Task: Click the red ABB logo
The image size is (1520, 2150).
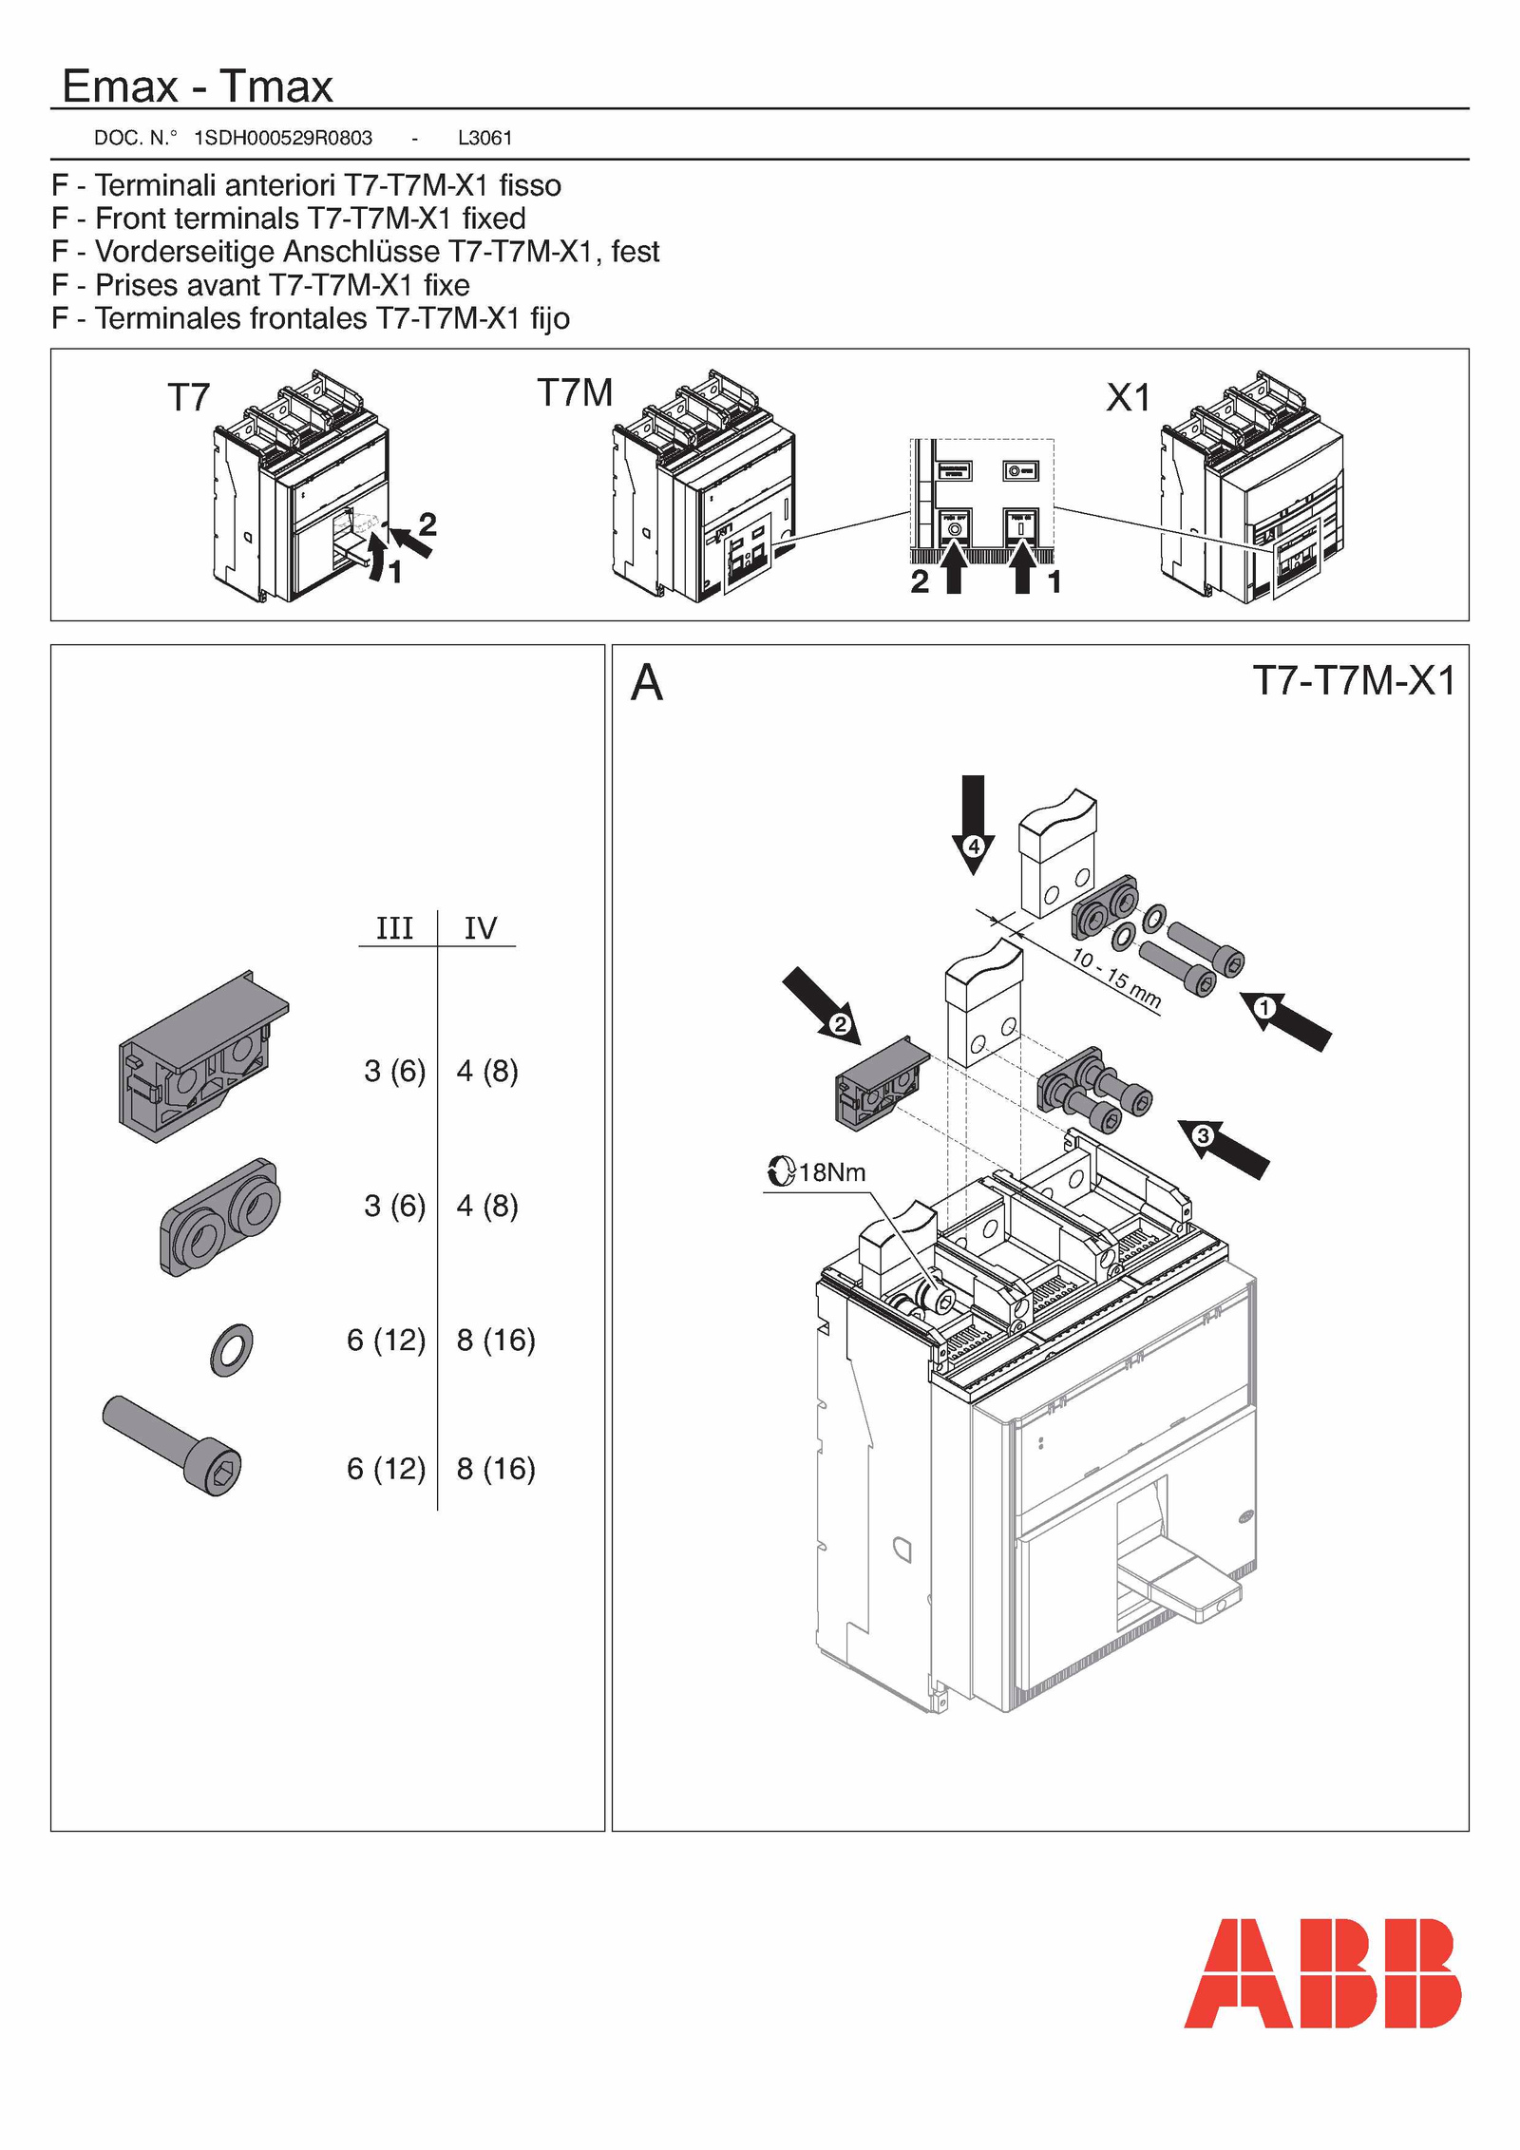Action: [x=1321, y=1973]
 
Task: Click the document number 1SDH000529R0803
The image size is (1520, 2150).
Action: [x=283, y=138]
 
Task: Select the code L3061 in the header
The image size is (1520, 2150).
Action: [x=484, y=138]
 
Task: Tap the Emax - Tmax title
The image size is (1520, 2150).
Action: [x=198, y=86]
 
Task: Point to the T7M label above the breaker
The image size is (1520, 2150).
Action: [x=575, y=392]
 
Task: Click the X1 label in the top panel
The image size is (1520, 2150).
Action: [x=1128, y=397]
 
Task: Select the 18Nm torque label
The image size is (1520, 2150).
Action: [x=831, y=1172]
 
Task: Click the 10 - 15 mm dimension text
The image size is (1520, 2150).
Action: [x=1116, y=978]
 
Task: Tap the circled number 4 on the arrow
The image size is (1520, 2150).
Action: [x=973, y=846]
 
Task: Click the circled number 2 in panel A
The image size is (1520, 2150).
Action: [x=840, y=1024]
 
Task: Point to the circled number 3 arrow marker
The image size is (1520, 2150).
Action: [x=1203, y=1135]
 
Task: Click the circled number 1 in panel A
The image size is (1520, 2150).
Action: [x=1264, y=1008]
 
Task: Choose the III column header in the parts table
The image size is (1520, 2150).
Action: [x=394, y=928]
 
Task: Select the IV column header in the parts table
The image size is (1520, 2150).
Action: [x=481, y=928]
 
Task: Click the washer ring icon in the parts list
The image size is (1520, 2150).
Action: [x=231, y=1350]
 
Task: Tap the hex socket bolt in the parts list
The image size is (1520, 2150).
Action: [x=173, y=1445]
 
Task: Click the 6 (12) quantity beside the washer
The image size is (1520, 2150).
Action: [x=386, y=1341]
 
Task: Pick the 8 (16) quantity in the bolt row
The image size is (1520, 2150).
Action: [x=496, y=1469]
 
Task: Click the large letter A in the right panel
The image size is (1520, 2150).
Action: [x=647, y=682]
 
